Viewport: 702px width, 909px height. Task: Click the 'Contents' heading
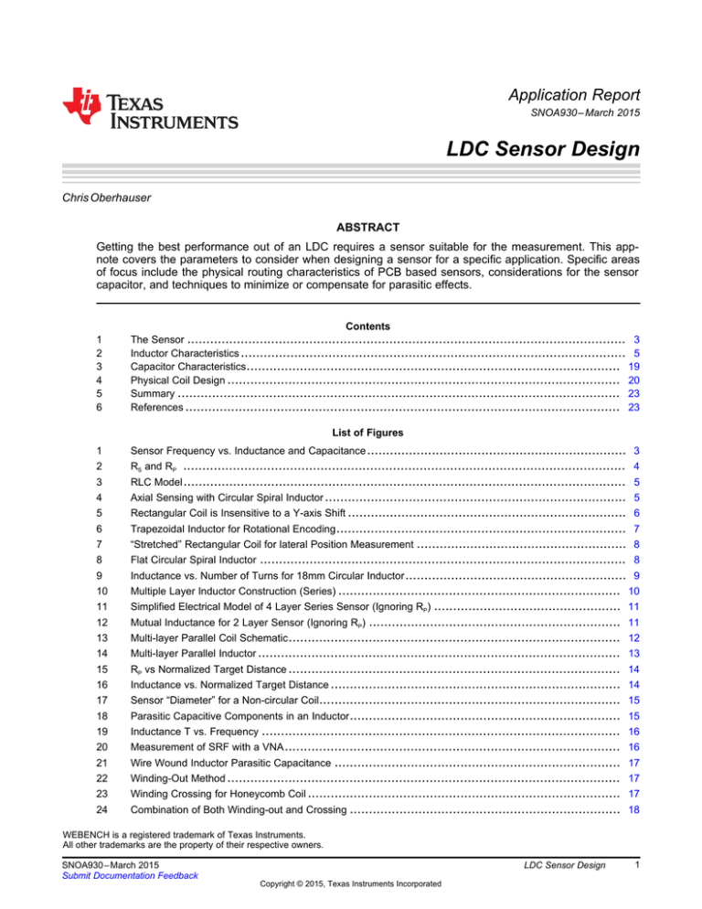click(x=350, y=326)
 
